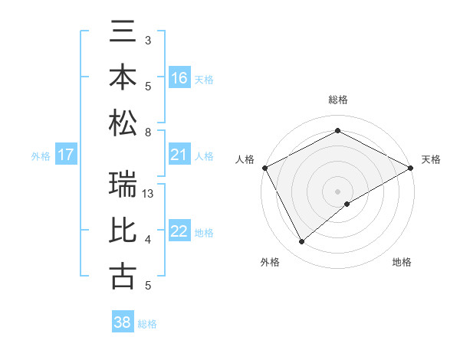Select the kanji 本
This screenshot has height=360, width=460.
[123, 77]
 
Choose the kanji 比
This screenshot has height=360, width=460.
[123, 231]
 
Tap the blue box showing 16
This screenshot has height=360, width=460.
[179, 77]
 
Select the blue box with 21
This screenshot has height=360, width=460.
[179, 155]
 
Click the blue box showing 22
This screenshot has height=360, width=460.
[179, 231]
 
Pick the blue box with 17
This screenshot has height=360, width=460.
[67, 155]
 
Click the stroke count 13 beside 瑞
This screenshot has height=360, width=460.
[149, 194]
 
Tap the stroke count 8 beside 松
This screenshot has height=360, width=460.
[148, 132]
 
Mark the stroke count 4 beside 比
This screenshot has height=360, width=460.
[148, 241]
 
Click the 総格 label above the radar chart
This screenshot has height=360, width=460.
[338, 100]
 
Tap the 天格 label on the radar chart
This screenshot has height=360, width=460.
[431, 159]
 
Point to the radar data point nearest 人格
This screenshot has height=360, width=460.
[264, 167]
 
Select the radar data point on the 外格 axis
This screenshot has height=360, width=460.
[302, 242]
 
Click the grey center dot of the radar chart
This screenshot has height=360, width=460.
[338, 191]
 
